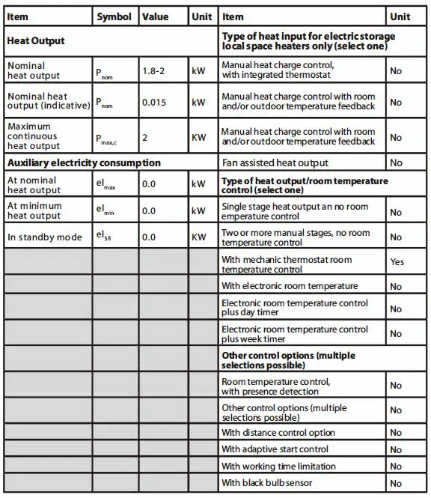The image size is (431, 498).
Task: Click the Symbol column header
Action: [x=114, y=16]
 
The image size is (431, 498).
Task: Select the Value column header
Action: [x=155, y=16]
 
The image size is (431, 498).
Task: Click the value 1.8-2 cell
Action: [x=155, y=71]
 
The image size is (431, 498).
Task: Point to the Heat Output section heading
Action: [x=36, y=40]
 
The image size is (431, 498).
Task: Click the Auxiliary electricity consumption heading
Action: [x=84, y=163]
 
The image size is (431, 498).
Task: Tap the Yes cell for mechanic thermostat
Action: [x=397, y=261]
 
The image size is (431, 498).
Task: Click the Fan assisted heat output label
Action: [x=275, y=163]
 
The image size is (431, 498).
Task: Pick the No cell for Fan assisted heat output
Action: [x=396, y=163]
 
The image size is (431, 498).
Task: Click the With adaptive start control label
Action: [x=275, y=449]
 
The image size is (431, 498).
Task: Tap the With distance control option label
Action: [x=278, y=432]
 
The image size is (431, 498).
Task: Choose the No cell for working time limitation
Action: [x=396, y=467]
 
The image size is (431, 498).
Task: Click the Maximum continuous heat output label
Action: [x=34, y=136]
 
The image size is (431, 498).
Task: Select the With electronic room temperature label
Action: [x=290, y=286]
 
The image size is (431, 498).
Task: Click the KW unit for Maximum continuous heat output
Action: [x=198, y=137]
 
